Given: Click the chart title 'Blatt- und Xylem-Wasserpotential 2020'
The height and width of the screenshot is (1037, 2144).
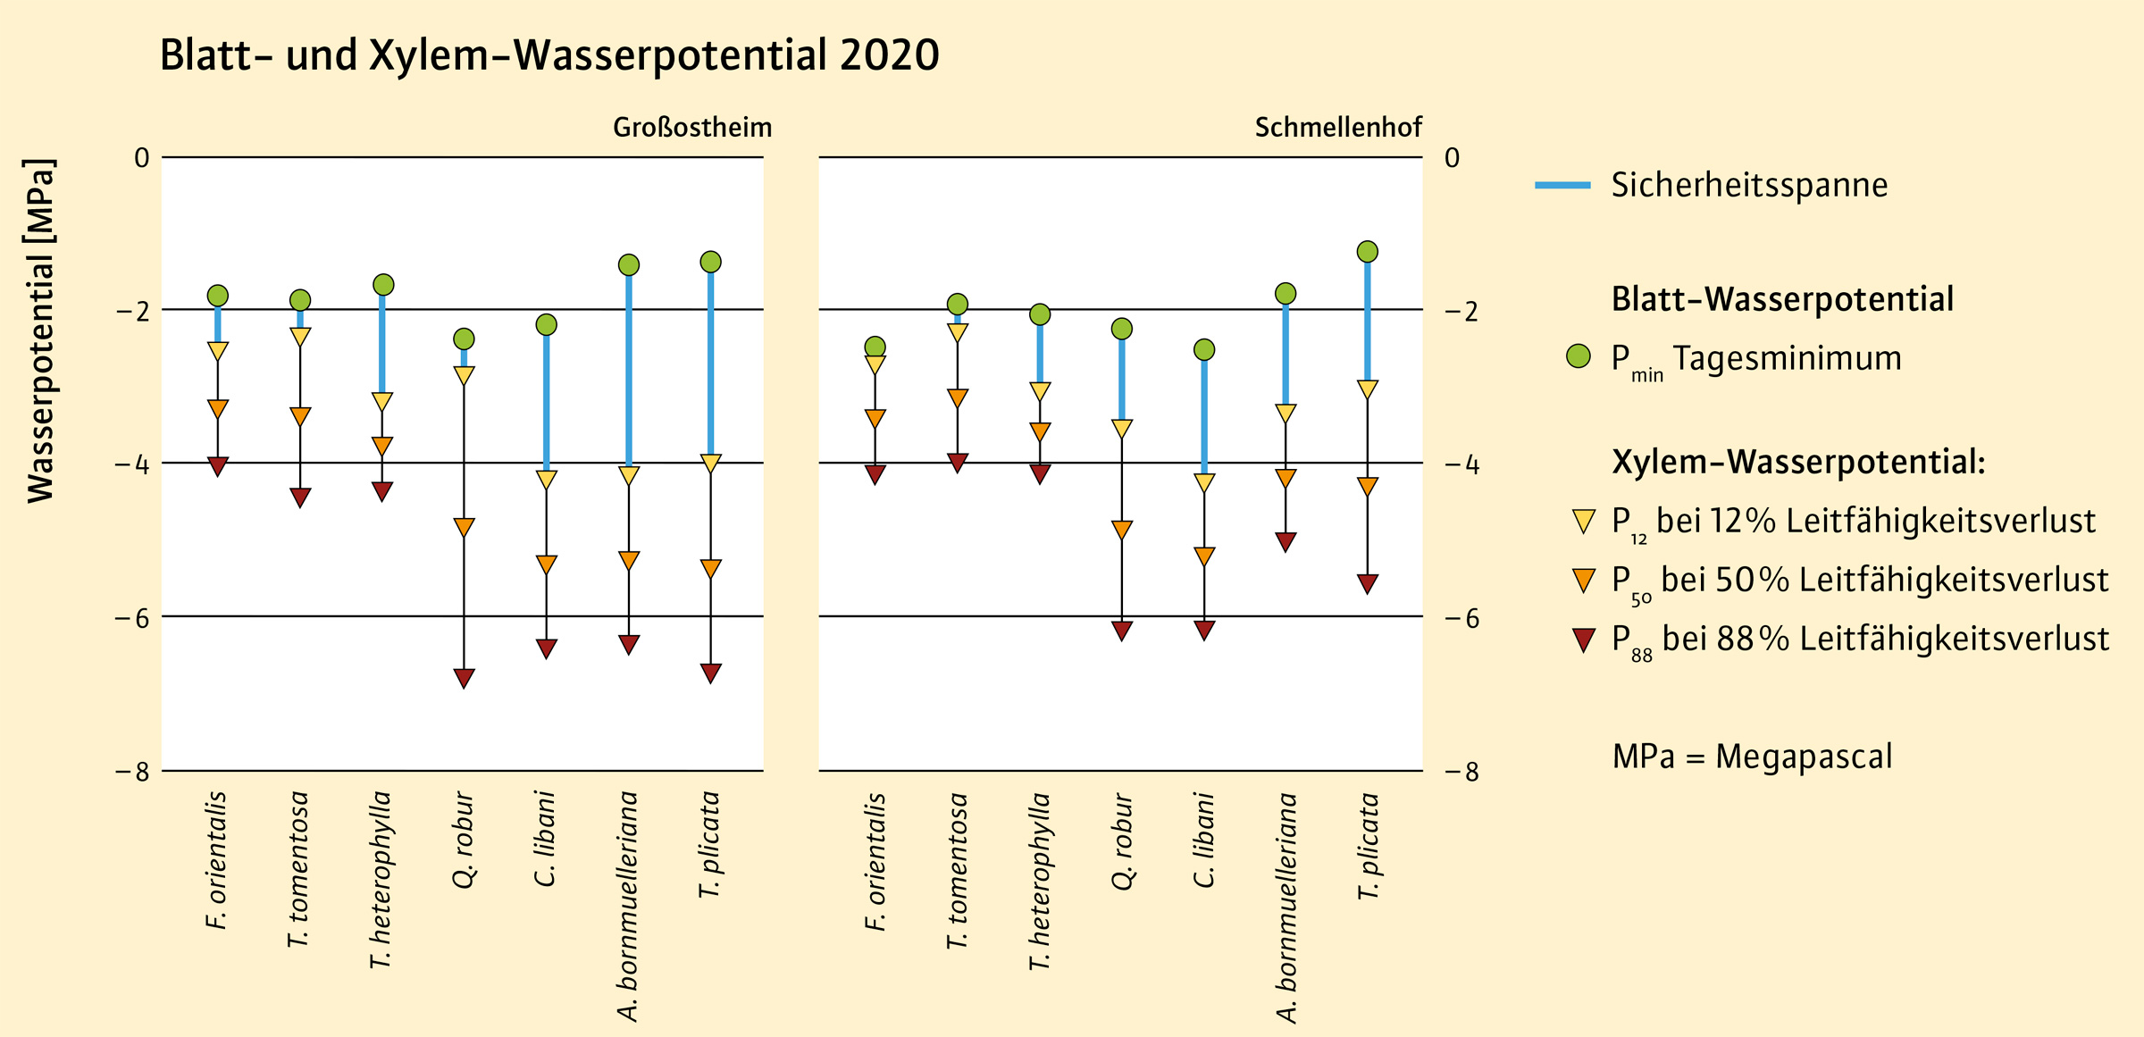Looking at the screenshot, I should click(x=549, y=55).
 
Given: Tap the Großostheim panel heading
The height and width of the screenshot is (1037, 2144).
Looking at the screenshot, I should click(x=692, y=128).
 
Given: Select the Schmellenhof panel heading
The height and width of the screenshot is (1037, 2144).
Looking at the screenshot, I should click(x=1337, y=128).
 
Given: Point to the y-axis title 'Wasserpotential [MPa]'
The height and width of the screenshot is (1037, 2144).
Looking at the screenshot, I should click(x=41, y=330).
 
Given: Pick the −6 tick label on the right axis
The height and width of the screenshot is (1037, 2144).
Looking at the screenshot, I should click(x=1461, y=618).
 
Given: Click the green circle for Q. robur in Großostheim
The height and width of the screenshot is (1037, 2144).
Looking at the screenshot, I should click(x=464, y=339).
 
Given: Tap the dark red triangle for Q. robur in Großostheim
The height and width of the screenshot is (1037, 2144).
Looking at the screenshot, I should click(x=464, y=678).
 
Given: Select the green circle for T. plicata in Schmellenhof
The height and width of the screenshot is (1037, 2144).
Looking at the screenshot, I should click(x=1368, y=252).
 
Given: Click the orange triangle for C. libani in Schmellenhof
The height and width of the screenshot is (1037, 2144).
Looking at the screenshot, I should click(x=1204, y=556).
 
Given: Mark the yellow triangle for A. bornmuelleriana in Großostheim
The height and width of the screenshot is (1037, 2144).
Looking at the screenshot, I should click(x=629, y=475).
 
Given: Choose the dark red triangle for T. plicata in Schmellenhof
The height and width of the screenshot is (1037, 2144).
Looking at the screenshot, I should click(x=1368, y=583).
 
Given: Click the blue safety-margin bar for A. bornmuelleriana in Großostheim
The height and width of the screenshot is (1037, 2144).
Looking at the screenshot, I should click(x=629, y=366).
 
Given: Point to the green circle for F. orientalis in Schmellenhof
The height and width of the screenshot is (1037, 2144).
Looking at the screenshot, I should click(x=875, y=347).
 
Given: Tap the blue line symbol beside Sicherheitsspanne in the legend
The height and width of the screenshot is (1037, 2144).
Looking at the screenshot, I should click(x=1562, y=185).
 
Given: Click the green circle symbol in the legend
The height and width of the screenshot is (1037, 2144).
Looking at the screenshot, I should click(x=1579, y=356).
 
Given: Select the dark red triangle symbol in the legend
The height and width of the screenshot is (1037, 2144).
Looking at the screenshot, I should click(x=1584, y=640).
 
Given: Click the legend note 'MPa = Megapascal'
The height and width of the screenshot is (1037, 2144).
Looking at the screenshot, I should click(x=1752, y=757).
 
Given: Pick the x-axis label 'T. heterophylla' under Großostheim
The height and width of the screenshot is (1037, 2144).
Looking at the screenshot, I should click(x=381, y=880).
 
